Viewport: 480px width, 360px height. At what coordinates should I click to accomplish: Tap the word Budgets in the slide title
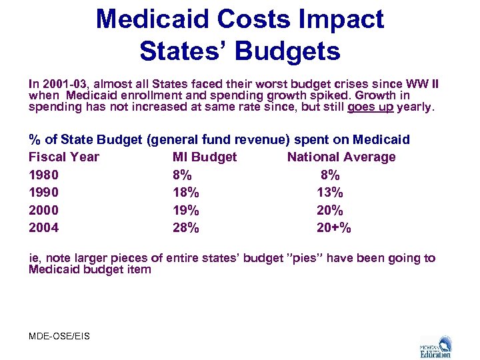point(285,51)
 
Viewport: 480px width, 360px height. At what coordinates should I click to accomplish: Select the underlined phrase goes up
point(370,106)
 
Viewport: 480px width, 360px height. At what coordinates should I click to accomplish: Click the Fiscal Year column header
point(64,157)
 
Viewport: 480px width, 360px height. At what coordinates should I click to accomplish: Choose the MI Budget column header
point(205,157)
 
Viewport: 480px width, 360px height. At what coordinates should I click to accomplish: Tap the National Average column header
point(341,157)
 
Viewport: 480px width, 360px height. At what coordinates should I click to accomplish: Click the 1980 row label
point(44,175)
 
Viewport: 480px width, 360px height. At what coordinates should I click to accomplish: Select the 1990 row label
point(44,193)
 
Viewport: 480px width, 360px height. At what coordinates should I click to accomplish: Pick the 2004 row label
point(44,228)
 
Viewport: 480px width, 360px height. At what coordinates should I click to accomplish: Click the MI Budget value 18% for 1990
point(185,193)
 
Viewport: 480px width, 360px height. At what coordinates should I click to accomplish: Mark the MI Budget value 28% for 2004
point(185,228)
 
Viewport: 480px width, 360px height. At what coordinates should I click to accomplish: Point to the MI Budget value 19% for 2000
point(185,211)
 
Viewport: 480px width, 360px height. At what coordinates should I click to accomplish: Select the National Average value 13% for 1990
point(330,193)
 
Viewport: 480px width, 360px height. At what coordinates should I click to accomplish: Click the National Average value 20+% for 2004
point(334,228)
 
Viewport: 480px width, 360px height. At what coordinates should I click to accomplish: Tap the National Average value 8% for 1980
point(330,175)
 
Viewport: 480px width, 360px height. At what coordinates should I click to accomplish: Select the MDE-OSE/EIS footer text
point(59,336)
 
